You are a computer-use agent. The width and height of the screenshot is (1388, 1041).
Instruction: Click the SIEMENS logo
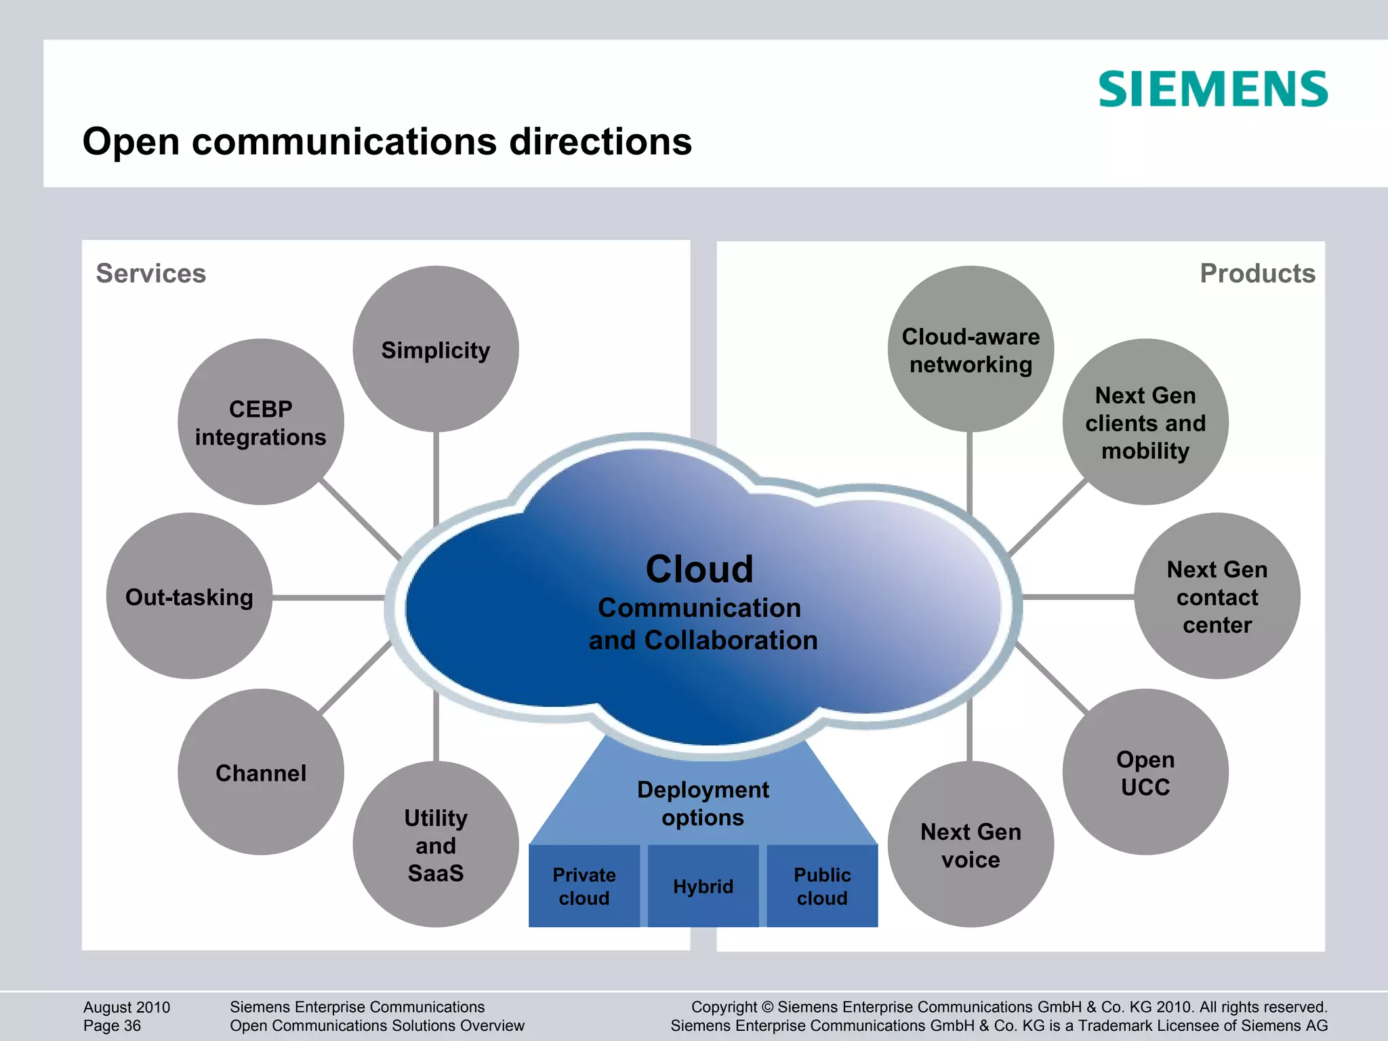pyautogui.click(x=1213, y=89)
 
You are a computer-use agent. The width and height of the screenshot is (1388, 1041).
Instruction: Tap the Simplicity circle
pyautogui.click(x=436, y=349)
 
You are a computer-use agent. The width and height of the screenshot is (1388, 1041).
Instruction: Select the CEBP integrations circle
pyautogui.click(x=261, y=422)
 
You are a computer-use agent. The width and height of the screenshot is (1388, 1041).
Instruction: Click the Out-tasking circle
pyautogui.click(x=190, y=596)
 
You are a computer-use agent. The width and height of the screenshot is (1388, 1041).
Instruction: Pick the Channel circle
pyautogui.click(x=261, y=773)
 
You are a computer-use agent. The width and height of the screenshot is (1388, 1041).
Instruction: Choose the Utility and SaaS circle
pyautogui.click(x=436, y=844)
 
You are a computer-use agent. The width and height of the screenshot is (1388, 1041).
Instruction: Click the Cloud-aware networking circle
pyautogui.click(x=971, y=349)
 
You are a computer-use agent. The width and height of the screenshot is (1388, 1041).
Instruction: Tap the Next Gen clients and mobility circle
pyautogui.click(x=1145, y=422)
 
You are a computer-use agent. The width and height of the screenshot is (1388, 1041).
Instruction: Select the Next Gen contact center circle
pyautogui.click(x=1217, y=596)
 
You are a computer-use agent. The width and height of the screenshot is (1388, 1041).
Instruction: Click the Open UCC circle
pyautogui.click(x=1145, y=773)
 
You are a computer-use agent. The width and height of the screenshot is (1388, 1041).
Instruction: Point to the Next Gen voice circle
pyautogui.click(x=971, y=844)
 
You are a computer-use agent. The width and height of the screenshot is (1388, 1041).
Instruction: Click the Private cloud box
pyautogui.click(x=584, y=886)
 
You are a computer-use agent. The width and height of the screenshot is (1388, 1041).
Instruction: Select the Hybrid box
pyautogui.click(x=703, y=886)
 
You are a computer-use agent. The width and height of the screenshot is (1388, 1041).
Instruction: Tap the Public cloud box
pyautogui.click(x=822, y=886)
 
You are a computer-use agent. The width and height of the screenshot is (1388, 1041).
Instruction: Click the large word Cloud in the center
pyautogui.click(x=699, y=569)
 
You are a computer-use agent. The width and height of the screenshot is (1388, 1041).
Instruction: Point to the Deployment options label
pyautogui.click(x=703, y=803)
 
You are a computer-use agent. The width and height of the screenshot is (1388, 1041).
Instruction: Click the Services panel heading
pyautogui.click(x=151, y=273)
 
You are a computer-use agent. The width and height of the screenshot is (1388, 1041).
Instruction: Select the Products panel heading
pyautogui.click(x=1257, y=273)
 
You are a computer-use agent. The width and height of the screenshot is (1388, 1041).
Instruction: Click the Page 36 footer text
pyautogui.click(x=113, y=1025)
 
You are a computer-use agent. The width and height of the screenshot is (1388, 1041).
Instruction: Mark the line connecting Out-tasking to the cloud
pyautogui.click(x=329, y=598)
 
